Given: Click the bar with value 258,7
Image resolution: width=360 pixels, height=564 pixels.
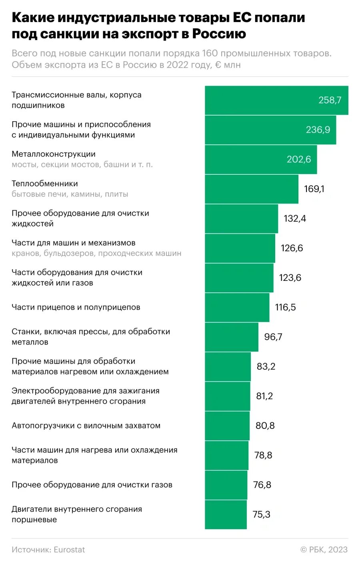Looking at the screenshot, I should tap(276, 100).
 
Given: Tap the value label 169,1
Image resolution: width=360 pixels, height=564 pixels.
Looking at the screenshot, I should tap(314, 189).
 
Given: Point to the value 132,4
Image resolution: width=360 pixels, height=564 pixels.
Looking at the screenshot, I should tap(295, 218).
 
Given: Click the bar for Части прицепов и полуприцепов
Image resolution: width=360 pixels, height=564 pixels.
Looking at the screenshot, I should tap(237, 308).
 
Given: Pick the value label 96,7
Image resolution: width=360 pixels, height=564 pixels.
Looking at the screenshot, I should tap(273, 337).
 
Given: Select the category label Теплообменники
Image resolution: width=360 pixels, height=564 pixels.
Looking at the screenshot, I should tap(45, 184).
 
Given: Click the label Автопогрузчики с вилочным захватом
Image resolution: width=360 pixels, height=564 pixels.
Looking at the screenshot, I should tap(86, 426).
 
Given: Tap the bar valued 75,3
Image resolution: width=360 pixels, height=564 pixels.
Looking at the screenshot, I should tap(226, 515).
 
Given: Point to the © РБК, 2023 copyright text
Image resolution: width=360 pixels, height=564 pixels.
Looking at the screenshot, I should tap(324, 550).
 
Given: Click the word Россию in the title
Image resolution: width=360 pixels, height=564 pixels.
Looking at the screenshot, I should tap(219, 34).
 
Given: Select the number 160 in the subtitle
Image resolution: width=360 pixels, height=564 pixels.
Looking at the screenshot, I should tap(210, 53).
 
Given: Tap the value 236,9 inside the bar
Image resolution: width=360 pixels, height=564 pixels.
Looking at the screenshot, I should tap(318, 130).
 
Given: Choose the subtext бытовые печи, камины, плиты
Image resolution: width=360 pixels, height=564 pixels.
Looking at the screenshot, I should tap(70, 194).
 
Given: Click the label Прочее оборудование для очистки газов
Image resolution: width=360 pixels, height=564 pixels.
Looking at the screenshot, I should tap(92, 485).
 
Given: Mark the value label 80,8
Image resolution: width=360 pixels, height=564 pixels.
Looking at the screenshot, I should tap(265, 426).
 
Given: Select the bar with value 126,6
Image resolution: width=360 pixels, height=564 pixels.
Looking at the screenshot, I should tap(240, 248).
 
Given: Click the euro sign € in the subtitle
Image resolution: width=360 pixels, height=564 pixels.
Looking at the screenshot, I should tap(218, 65).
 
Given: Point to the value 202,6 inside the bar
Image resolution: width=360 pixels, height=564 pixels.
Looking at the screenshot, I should tap(298, 159).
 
